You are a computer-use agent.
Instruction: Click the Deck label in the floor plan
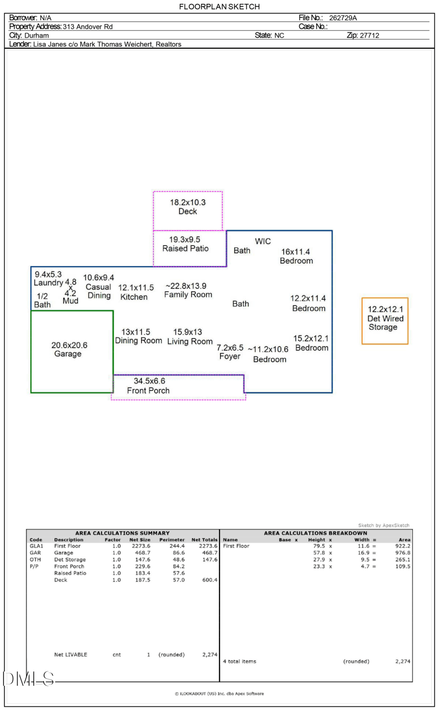coord(188,212)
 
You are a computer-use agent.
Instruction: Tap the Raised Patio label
coord(185,248)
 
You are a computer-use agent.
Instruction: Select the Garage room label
coord(68,354)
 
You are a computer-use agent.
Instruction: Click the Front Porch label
coord(148,391)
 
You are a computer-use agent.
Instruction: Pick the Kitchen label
coord(134,297)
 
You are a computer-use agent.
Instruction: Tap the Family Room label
coord(188,295)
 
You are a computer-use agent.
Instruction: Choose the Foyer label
coord(229,357)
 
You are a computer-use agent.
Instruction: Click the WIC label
coord(263,241)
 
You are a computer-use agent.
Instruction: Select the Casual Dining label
coord(99,291)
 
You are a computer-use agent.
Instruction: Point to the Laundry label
coord(48,283)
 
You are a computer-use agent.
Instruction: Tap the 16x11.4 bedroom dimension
coord(296,252)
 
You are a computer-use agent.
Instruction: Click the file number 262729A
coord(343,18)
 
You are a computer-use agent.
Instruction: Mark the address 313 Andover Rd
coord(88,26)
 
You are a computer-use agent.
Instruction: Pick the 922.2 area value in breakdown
coord(402,546)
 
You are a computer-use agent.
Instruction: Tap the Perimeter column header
coord(172,540)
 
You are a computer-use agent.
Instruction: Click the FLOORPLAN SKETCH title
coord(219,7)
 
